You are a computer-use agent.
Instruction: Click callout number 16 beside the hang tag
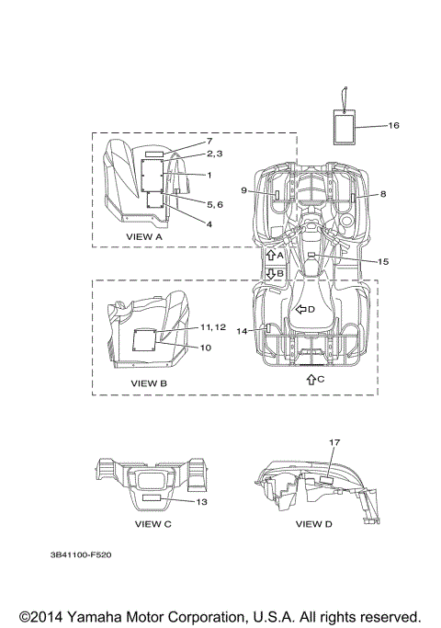(x=394, y=125)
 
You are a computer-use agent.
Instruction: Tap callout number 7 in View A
(x=209, y=141)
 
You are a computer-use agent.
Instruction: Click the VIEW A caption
(x=144, y=236)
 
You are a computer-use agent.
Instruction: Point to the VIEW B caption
(x=149, y=383)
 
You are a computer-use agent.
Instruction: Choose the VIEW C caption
(x=153, y=524)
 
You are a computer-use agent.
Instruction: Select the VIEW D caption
(x=313, y=524)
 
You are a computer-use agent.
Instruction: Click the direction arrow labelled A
(x=270, y=255)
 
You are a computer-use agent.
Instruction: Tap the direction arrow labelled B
(x=270, y=274)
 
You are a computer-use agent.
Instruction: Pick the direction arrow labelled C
(x=311, y=380)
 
